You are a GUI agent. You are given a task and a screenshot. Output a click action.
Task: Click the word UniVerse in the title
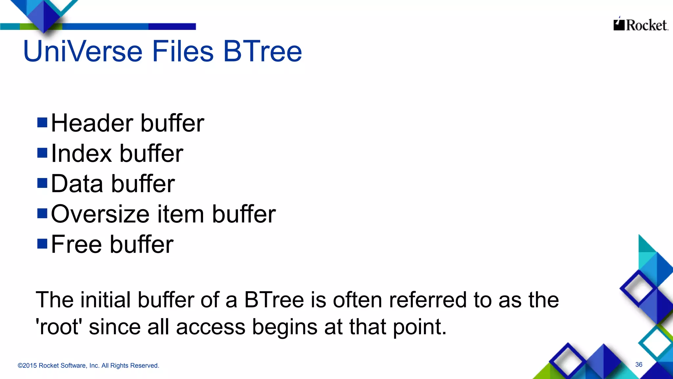pyautogui.click(x=82, y=51)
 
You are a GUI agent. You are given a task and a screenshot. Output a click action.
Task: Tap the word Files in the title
pyautogui.click(x=182, y=51)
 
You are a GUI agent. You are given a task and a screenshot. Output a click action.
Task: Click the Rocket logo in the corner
pyautogui.click(x=640, y=25)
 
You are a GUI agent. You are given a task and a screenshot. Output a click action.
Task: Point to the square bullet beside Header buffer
pyautogui.click(x=42, y=122)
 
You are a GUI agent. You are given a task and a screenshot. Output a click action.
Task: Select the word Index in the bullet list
pyautogui.click(x=81, y=153)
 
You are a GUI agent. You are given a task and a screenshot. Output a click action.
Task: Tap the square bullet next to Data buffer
pyautogui.click(x=42, y=183)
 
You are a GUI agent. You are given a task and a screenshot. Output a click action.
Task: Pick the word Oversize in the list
pyautogui.click(x=100, y=214)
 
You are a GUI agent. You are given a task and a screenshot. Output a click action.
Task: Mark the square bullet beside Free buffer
pyautogui.click(x=42, y=244)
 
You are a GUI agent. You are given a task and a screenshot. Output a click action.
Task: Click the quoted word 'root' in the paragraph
pyautogui.click(x=58, y=327)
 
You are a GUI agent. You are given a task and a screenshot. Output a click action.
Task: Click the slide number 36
pyautogui.click(x=638, y=365)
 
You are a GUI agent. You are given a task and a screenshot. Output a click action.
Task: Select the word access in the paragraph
pyautogui.click(x=211, y=327)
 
